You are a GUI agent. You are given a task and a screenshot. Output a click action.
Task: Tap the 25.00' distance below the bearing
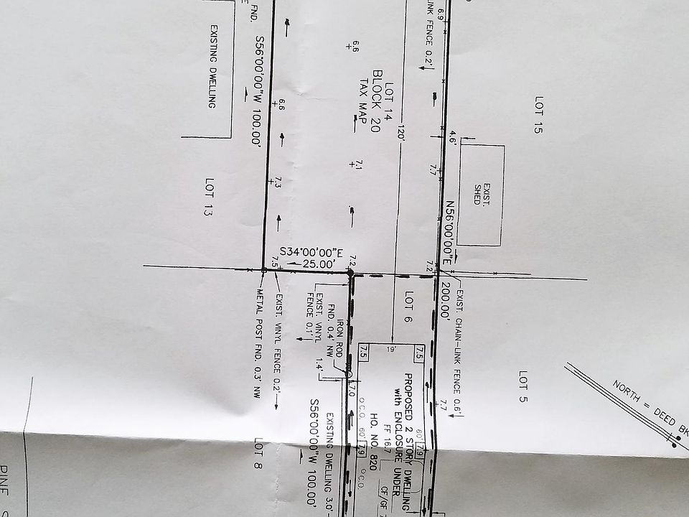(x=318, y=264)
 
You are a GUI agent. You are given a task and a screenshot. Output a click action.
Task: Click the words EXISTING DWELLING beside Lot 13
(x=213, y=66)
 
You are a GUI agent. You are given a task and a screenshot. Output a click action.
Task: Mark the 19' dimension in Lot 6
(x=390, y=350)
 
